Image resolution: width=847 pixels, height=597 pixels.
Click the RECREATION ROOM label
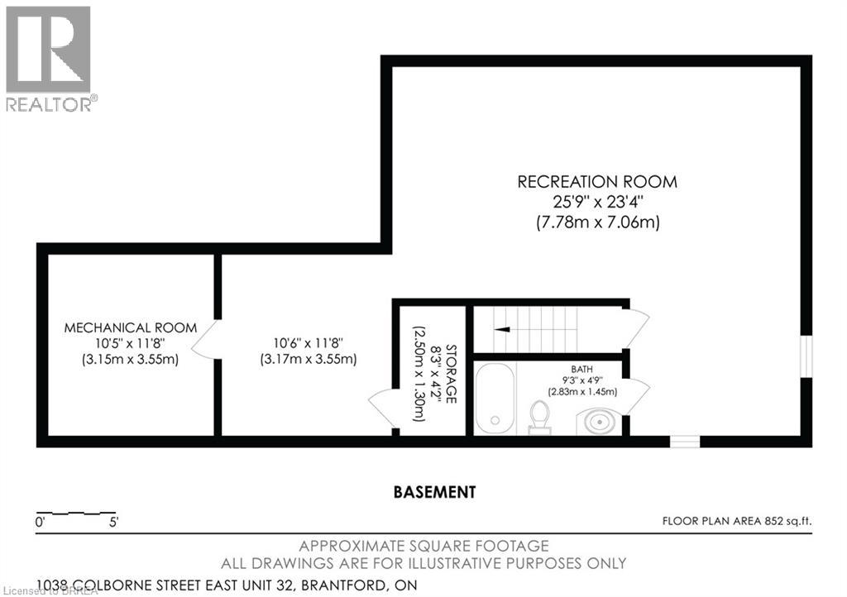tap(596, 182)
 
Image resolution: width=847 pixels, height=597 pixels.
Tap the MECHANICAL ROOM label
tap(131, 327)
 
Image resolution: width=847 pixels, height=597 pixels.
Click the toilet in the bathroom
tap(539, 416)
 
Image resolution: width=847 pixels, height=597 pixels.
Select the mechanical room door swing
tap(206, 339)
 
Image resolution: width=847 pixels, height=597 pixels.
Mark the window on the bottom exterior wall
tap(684, 442)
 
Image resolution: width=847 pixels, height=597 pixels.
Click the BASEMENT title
tap(434, 492)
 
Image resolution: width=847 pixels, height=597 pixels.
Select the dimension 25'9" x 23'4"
tap(596, 203)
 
